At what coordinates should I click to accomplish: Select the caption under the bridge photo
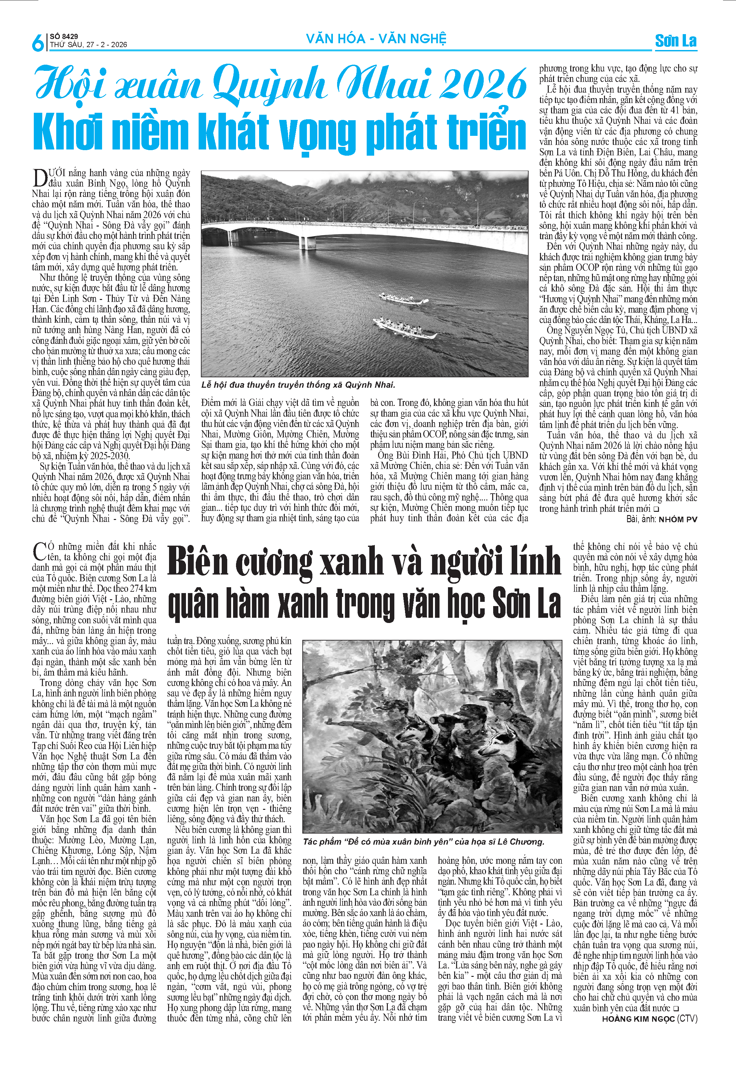298,385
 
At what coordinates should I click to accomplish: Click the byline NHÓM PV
678,519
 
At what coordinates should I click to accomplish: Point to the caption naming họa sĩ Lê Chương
423,841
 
